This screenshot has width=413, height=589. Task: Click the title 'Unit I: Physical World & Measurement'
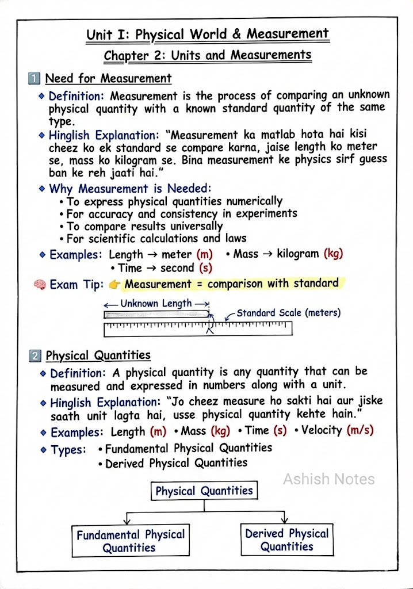pyautogui.click(x=208, y=35)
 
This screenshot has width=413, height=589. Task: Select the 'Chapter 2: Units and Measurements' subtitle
pyautogui.click(x=208, y=56)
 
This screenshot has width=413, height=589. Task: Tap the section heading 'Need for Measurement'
pyautogui.click(x=108, y=78)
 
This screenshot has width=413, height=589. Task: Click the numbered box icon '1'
pyautogui.click(x=35, y=78)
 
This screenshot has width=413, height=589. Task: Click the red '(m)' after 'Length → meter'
pyautogui.click(x=204, y=254)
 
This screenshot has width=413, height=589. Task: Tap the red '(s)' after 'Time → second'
pyautogui.click(x=205, y=268)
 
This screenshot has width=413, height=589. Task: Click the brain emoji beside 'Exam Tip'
pyautogui.click(x=40, y=284)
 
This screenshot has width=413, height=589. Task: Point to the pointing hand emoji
pyautogui.click(x=115, y=284)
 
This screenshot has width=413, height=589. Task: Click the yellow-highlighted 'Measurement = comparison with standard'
pyautogui.click(x=231, y=284)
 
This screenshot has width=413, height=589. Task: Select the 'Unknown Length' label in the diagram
pyautogui.click(x=156, y=304)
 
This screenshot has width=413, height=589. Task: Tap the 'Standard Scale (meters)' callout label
pyautogui.click(x=288, y=313)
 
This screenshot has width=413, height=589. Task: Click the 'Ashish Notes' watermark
pyautogui.click(x=328, y=479)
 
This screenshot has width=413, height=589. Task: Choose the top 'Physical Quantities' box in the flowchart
pyautogui.click(x=204, y=491)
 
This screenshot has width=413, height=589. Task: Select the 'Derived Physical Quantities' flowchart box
pyautogui.click(x=287, y=540)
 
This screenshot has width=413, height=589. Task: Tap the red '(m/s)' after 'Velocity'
pyautogui.click(x=361, y=430)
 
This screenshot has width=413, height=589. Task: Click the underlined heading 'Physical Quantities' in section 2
pyautogui.click(x=98, y=355)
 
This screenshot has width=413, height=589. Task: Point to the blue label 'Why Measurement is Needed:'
pyautogui.click(x=130, y=189)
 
